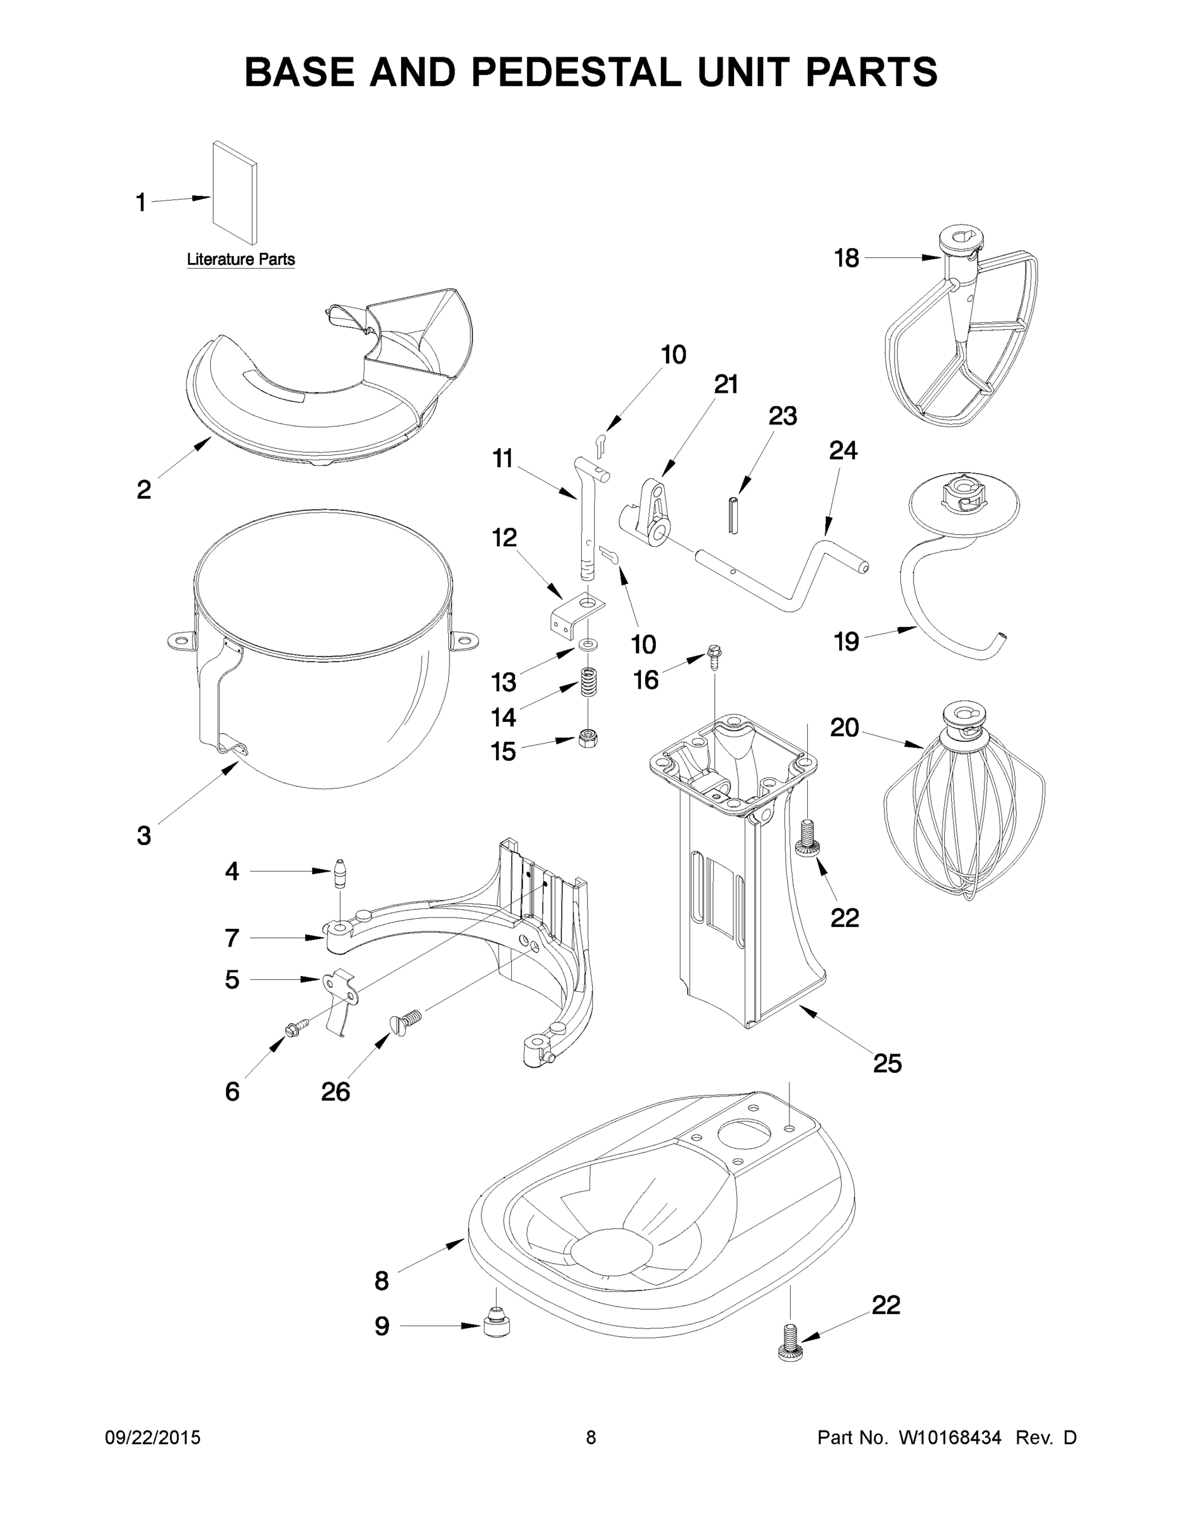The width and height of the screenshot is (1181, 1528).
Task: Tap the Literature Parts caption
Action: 241,260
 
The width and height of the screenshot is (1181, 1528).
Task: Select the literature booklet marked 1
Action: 235,192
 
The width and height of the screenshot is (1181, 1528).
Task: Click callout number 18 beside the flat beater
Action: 847,258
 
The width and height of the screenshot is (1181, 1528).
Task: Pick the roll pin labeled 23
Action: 733,515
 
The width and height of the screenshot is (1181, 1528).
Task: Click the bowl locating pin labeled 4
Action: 340,872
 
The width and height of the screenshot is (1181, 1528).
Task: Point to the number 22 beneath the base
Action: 886,1305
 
